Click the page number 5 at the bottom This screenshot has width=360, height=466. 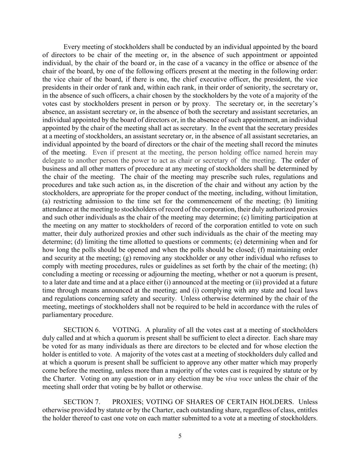(x=180, y=436)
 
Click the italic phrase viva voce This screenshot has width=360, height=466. (x=239, y=379)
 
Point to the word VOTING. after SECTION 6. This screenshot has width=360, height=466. (x=126, y=330)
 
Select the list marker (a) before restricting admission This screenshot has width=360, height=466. (x=46, y=201)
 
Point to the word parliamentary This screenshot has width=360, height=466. (x=61, y=315)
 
